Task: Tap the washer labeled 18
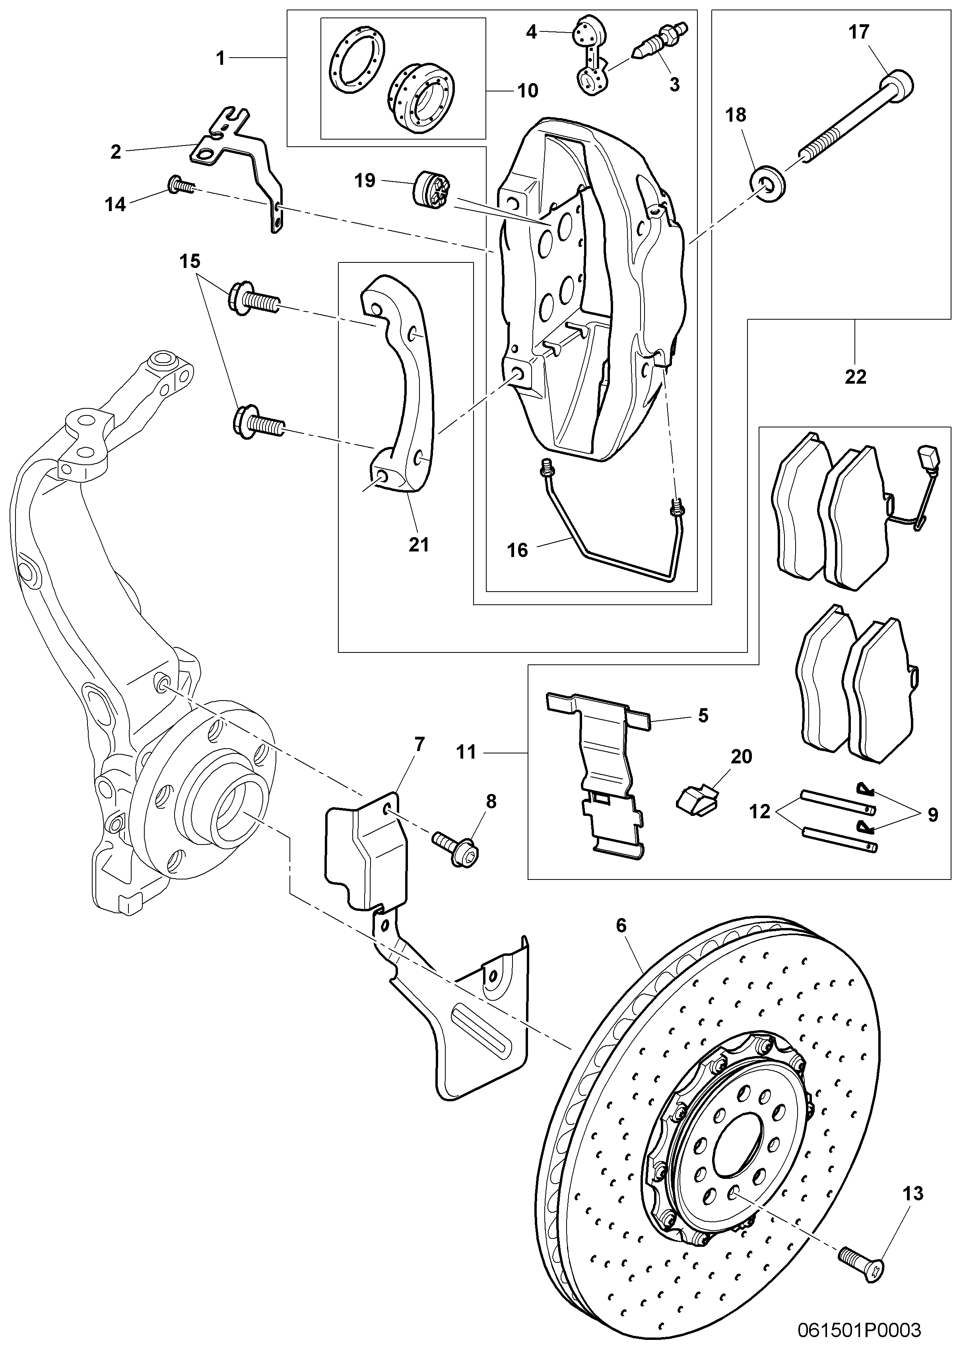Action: click(x=769, y=184)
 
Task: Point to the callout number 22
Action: click(x=855, y=377)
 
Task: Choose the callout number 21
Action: click(x=419, y=544)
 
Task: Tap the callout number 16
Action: click(x=517, y=550)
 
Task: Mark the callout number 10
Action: click(x=527, y=91)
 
